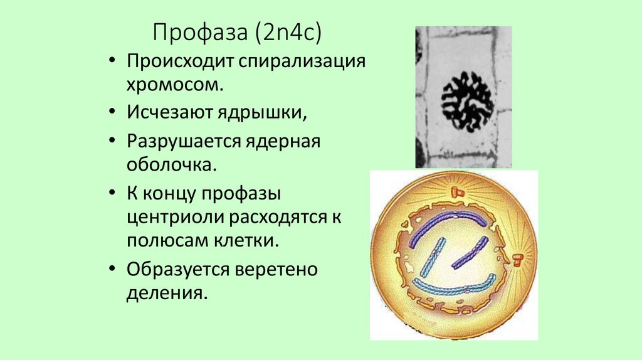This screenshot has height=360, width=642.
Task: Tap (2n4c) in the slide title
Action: [288, 32]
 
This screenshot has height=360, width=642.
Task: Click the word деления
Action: [166, 292]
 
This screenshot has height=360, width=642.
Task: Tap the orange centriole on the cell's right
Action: [518, 259]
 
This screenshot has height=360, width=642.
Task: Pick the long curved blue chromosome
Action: [451, 287]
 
